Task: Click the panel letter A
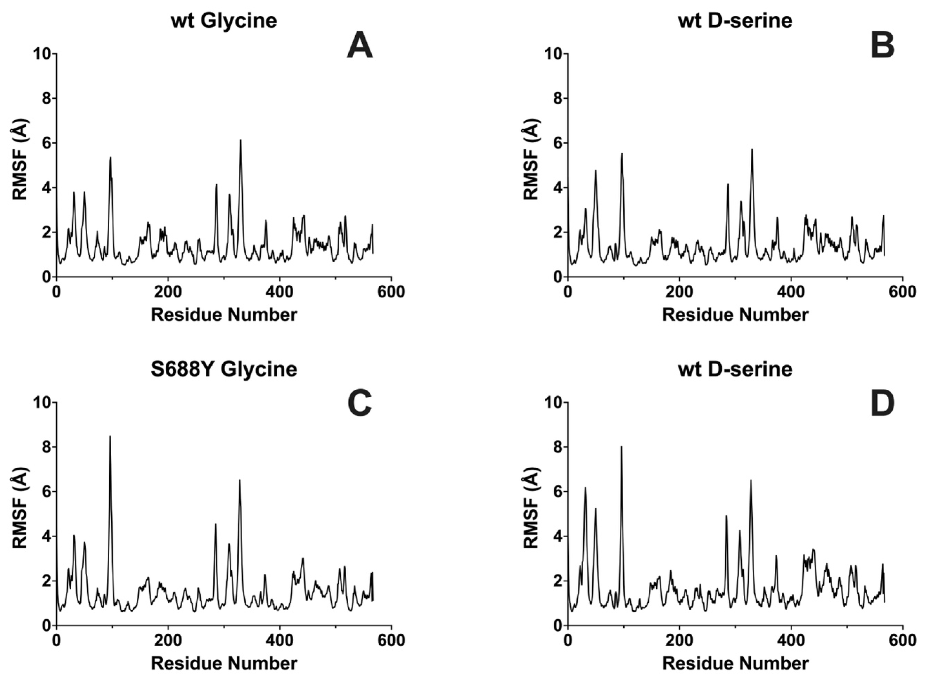point(359,47)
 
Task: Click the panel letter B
point(882,47)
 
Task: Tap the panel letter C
point(359,404)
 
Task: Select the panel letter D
point(882,404)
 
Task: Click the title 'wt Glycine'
point(224,20)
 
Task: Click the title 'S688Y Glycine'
point(224,369)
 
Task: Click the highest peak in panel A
point(241,141)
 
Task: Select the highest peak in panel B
point(752,150)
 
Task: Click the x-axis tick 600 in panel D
point(903,640)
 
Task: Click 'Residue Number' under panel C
point(224,663)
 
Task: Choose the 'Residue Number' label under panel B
point(735,315)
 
